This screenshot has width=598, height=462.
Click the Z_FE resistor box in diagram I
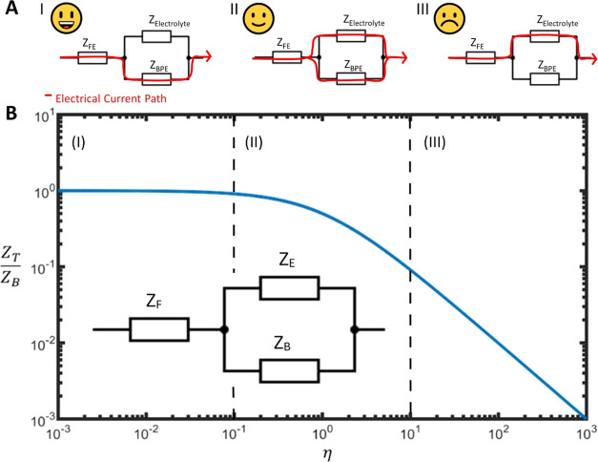(x=93, y=58)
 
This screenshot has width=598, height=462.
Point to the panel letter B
(x=10, y=112)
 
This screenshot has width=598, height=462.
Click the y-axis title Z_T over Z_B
(x=21, y=268)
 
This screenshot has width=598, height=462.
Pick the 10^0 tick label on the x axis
(x=321, y=436)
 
